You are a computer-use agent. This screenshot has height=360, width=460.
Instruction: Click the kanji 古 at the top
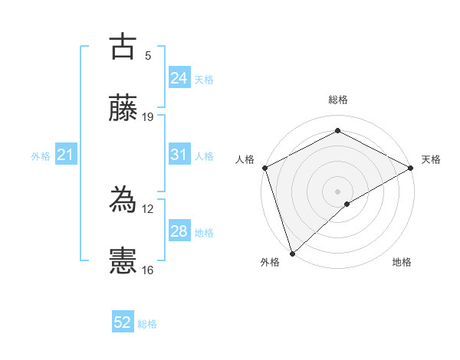click(123, 47)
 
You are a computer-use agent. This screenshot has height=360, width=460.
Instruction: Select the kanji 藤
click(123, 109)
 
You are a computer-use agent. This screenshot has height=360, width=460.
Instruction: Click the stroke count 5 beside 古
click(148, 55)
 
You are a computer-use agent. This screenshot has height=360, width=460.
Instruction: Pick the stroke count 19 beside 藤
click(148, 117)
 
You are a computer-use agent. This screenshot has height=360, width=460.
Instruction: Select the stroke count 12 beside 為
click(148, 208)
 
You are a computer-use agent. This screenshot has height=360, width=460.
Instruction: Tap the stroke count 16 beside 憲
click(148, 270)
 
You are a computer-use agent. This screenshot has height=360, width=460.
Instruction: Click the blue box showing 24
click(179, 78)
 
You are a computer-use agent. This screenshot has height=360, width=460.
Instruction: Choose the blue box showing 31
click(179, 155)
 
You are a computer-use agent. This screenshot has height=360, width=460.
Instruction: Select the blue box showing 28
click(179, 231)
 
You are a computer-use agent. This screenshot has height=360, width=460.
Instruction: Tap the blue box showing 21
click(65, 155)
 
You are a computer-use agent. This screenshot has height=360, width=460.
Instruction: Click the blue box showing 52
click(123, 323)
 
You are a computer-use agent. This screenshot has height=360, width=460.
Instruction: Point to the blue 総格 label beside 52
click(147, 324)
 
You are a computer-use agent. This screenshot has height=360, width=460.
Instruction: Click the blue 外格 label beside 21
click(41, 155)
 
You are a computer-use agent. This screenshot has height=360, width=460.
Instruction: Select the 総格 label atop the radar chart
click(338, 100)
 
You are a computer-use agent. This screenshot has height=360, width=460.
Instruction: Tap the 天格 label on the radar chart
click(432, 159)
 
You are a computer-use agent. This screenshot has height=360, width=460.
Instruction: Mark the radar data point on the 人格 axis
click(264, 168)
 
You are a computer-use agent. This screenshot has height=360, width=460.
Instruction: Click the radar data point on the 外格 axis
click(292, 253)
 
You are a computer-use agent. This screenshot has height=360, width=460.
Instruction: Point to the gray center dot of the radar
click(338, 191)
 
